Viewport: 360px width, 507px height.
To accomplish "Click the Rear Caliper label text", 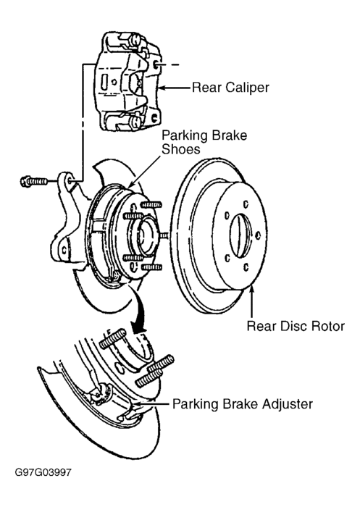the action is [x=230, y=88].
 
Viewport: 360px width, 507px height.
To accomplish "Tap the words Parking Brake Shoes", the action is [x=204, y=142].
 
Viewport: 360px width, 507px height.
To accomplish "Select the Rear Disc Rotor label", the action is [x=296, y=326].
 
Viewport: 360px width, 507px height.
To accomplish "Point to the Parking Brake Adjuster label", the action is [x=243, y=404].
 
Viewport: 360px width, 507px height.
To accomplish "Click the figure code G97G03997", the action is [x=43, y=472].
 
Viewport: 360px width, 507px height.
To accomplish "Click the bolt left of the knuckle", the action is [x=33, y=181].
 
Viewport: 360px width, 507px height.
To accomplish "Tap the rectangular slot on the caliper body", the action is [x=104, y=83].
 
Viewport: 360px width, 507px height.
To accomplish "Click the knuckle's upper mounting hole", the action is [x=70, y=181].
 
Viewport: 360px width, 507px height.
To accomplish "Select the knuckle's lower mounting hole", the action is [x=64, y=251].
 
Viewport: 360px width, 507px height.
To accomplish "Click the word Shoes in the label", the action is [x=181, y=149].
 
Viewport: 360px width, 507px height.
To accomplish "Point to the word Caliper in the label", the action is [x=248, y=88].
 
